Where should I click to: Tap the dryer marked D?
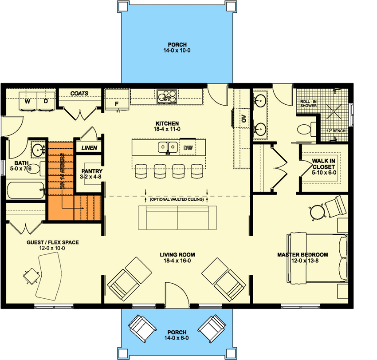coord(45,101)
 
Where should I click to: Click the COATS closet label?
coord(79,93)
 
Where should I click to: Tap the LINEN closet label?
coord(89,147)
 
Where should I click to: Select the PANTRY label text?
coord(92,171)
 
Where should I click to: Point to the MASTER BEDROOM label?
coord(302,255)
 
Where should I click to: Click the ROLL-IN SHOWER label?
coord(309,103)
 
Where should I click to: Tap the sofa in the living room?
coord(177,217)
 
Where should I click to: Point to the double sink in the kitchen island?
coord(167,147)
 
